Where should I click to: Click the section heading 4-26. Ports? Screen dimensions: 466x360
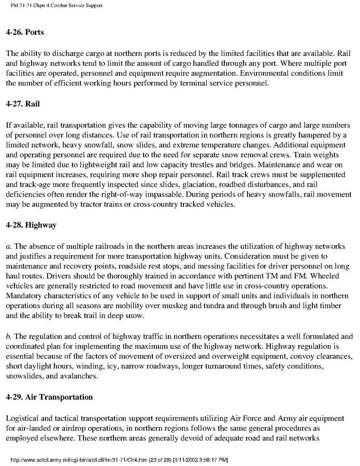(25, 32)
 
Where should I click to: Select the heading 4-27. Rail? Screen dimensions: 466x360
(23, 104)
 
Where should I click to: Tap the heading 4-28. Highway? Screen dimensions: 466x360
(31, 226)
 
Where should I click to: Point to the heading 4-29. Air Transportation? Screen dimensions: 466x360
(49, 397)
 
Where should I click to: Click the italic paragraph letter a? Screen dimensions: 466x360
(8, 246)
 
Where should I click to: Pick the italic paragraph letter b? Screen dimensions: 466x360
(8, 335)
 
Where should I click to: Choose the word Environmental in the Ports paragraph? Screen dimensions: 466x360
(234, 72)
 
